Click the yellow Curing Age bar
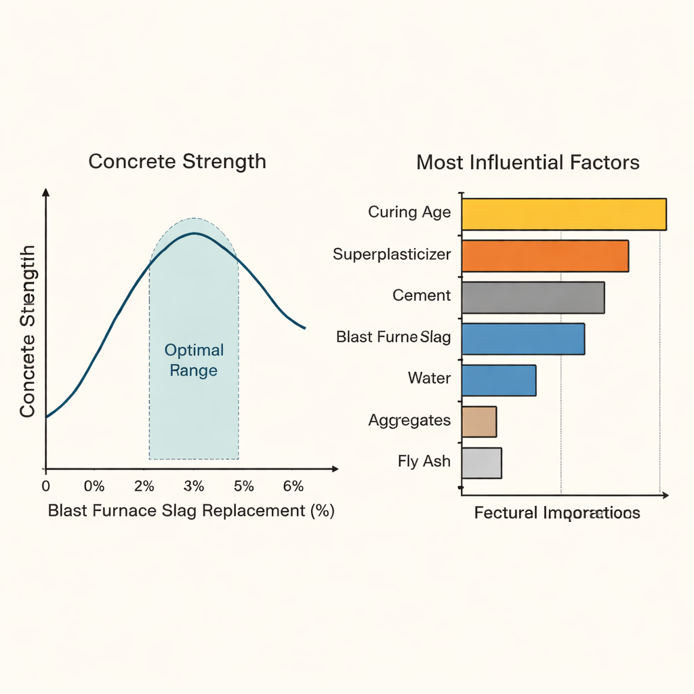click(563, 214)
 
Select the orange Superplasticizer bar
click(544, 256)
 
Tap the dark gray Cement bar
click(533, 297)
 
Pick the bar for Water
click(498, 380)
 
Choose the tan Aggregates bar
click(479, 422)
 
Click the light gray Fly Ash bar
click(481, 463)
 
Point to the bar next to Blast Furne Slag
click(523, 339)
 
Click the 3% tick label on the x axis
click(194, 486)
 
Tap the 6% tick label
click(293, 486)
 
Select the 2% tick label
click(144, 486)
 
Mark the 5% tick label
click(243, 486)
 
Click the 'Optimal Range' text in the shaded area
click(194, 360)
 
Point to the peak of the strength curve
click(195, 233)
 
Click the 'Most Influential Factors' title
click(527, 163)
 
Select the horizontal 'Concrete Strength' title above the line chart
click(177, 161)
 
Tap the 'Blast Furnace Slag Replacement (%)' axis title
click(191, 511)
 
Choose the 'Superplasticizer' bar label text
click(392, 254)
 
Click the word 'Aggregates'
click(409, 420)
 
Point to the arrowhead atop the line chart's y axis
click(45, 192)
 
